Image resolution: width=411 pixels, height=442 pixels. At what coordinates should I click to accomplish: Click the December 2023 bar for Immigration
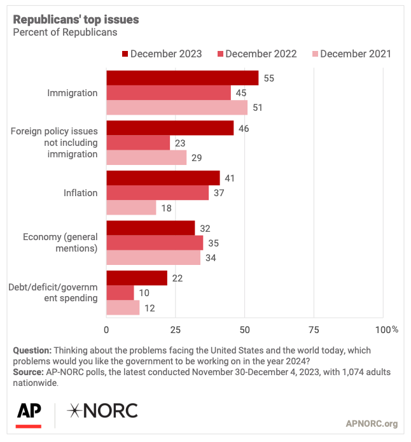coord(182,78)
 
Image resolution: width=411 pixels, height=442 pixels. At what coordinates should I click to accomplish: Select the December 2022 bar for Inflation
coord(157,193)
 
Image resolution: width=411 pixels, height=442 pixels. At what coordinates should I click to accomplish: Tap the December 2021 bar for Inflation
coord(131,208)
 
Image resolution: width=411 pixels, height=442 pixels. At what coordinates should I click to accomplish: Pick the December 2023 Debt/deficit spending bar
coord(136,278)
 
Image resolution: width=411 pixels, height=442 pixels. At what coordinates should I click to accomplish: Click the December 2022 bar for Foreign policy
coord(138,143)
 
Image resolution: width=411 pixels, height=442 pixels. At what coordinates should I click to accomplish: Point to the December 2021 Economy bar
coord(153,258)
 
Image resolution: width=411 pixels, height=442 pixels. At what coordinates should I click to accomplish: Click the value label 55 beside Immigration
coord(268,78)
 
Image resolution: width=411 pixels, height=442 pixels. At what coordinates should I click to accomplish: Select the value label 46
coord(244,128)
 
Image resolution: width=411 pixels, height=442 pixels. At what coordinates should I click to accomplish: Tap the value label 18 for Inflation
coord(166,208)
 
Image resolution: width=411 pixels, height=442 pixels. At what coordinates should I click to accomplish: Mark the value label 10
coord(144,293)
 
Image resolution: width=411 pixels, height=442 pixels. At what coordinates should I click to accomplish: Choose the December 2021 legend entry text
coord(356,53)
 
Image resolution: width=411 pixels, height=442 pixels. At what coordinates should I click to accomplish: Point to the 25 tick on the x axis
coord(175,329)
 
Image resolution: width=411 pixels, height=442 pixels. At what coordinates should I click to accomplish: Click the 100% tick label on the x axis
coord(387,329)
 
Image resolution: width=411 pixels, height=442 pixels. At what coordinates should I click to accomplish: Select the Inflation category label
coord(81,193)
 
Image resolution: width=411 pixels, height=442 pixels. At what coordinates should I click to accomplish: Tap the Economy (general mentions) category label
coord(60,243)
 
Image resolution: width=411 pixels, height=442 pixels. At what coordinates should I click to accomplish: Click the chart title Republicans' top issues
coord(76,20)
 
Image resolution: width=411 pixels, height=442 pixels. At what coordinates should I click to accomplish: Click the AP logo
coord(29,413)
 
